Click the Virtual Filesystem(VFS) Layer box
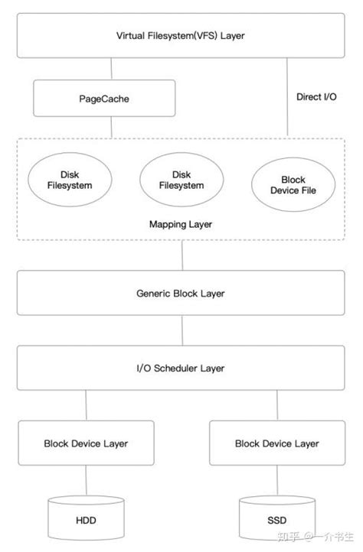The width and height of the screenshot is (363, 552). pos(181,35)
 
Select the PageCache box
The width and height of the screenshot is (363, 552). pos(104,98)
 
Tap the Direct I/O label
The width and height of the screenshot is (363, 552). pos(316,97)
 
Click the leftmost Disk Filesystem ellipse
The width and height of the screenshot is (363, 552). pos(65,180)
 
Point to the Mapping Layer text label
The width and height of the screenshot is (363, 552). pos(181,225)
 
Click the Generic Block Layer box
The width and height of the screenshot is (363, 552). pos(181,293)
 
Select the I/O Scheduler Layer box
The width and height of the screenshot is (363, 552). pos(181,368)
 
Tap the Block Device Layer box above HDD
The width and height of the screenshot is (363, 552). pos(86,443)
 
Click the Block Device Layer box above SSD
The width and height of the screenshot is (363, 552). pos(276,443)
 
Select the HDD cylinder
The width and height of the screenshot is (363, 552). pos(86,520)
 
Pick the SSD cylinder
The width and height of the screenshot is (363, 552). pos(276,520)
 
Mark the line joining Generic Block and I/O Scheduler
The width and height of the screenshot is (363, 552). pos(181,330)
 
